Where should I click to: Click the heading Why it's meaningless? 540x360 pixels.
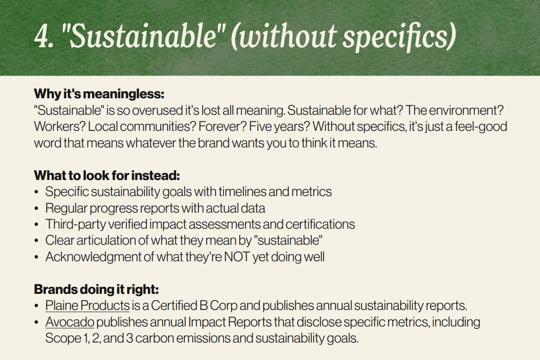pyautogui.click(x=99, y=94)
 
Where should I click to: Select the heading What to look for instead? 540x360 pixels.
pyautogui.click(x=107, y=176)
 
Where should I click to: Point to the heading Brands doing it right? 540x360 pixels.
pyautogui.click(x=96, y=290)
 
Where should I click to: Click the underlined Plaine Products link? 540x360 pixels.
pyautogui.click(x=87, y=306)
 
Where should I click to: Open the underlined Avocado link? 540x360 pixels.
pyautogui.click(x=70, y=322)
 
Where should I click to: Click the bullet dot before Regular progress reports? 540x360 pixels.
pyautogui.click(x=36, y=209)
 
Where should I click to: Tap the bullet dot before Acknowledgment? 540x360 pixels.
pyautogui.click(x=36, y=257)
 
